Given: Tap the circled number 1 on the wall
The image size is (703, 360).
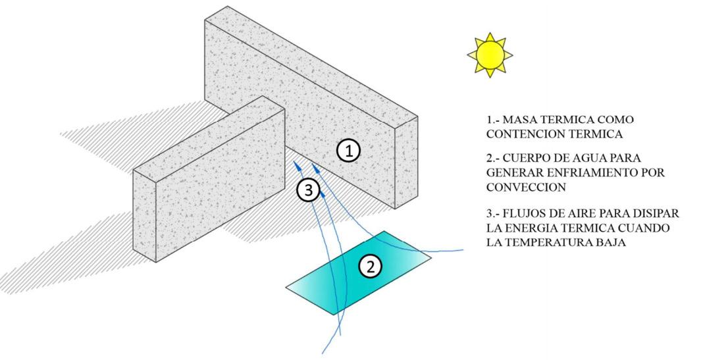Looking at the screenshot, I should coord(349,151).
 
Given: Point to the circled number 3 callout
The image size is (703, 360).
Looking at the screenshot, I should coord(308,190).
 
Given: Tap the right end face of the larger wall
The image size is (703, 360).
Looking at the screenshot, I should coord(406,161).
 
